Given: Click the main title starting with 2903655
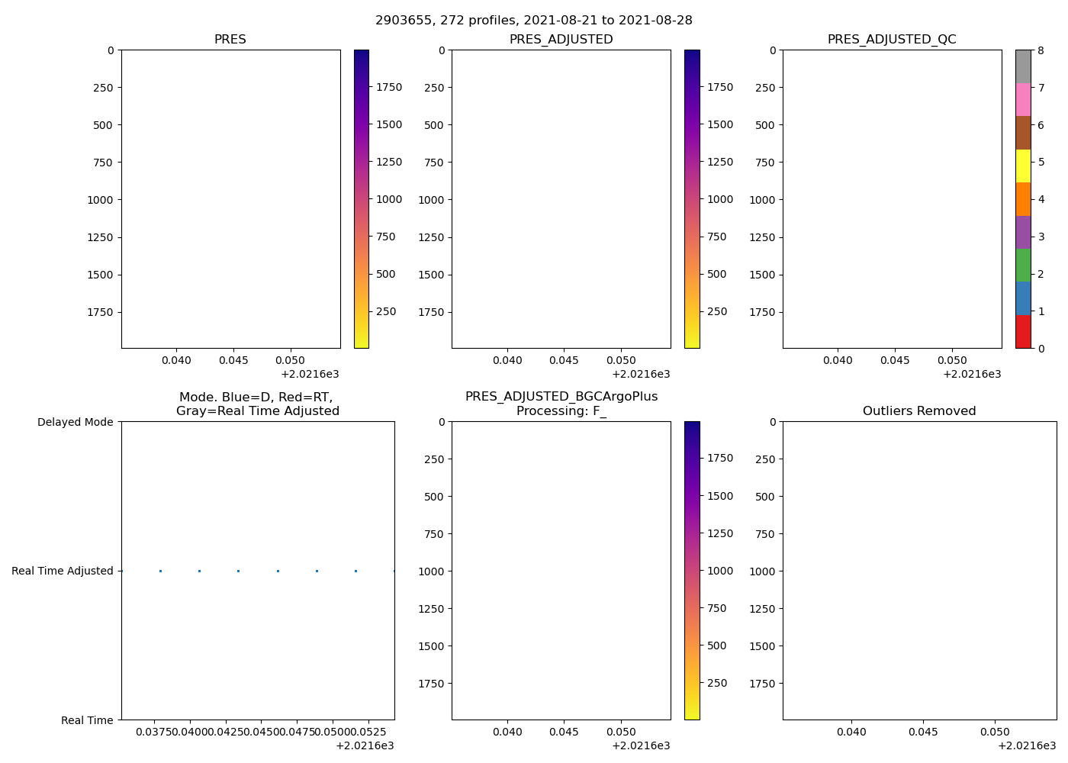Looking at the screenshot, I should (534, 21).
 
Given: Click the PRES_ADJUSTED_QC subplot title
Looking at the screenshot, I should (892, 40).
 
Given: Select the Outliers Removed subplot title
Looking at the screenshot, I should (919, 411).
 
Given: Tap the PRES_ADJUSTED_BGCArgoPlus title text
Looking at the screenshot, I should (561, 397).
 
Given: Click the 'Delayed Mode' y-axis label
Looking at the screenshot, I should (75, 422).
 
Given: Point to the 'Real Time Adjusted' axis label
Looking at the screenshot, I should (63, 571).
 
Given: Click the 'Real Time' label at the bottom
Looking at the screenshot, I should (87, 720).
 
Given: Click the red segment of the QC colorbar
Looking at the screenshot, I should (1023, 332).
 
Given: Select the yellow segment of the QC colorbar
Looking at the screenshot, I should (1023, 166).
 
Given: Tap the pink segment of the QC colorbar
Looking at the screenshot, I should (1023, 99).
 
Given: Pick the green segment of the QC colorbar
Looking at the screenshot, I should (1023, 265).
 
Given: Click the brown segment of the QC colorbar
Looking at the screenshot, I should (1023, 133).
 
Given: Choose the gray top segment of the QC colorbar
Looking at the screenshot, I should (1023, 66).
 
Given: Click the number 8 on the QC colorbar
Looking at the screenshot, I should (1041, 50).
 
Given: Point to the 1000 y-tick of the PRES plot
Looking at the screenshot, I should (100, 200).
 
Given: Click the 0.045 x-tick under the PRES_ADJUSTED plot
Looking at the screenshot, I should (564, 360).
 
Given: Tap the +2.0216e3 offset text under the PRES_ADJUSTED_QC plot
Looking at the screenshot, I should (972, 374).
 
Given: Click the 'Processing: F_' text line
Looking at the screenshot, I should (561, 411).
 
